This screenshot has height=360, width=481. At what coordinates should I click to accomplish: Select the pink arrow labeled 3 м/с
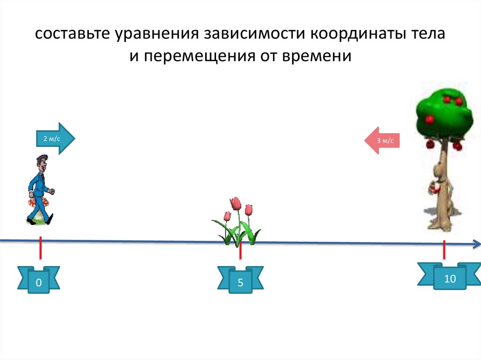pyautogui.click(x=382, y=140)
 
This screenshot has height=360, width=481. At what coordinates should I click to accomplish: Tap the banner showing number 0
pyautogui.click(x=39, y=280)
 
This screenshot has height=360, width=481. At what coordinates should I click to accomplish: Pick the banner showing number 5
pyautogui.click(x=240, y=280)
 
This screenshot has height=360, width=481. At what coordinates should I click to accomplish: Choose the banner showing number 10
pyautogui.click(x=450, y=276)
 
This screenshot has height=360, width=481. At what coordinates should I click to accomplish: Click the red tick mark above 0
pyautogui.click(x=40, y=247)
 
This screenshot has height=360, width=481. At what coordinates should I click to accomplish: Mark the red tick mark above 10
pyautogui.click(x=444, y=250)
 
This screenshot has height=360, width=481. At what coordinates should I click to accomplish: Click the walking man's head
pyautogui.click(x=42, y=163)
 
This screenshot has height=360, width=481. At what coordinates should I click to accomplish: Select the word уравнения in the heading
pyautogui.click(x=157, y=34)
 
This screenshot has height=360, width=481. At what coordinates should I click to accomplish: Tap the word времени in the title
pyautogui.click(x=316, y=56)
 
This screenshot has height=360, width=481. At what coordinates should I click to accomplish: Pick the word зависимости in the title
pyautogui.click(x=255, y=33)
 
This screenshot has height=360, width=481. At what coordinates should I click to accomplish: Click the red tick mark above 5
pyautogui.click(x=240, y=250)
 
